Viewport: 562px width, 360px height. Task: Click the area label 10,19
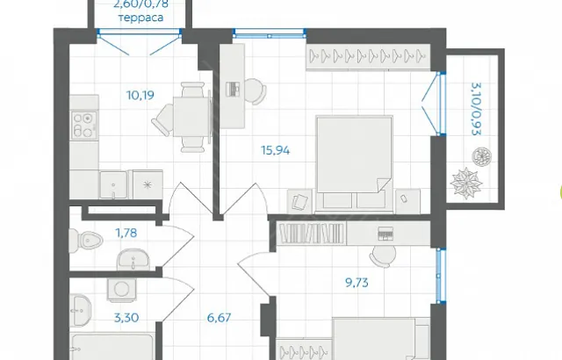pos(140,96)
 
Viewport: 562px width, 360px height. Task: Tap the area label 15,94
pos(275,150)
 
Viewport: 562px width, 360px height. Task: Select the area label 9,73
pos(357,283)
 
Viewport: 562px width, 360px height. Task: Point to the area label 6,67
pos(219,318)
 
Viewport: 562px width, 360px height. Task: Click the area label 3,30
pos(126,318)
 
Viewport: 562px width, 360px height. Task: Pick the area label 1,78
pos(126,233)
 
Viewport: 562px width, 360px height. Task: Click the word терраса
pos(140,18)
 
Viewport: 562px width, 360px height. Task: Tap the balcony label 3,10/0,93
pos(476,109)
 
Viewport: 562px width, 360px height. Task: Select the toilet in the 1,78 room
pos(86,240)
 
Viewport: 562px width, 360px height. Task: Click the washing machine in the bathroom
pos(121,290)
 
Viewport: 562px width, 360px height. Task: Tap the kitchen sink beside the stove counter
pos(113,184)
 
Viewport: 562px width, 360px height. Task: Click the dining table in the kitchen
pos(191,116)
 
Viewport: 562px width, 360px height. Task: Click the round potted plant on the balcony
pos(481,156)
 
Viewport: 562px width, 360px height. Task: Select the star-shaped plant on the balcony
pos(467,183)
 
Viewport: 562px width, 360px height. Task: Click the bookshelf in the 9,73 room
pos(312,234)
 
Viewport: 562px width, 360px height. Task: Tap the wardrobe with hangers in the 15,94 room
pos(368,56)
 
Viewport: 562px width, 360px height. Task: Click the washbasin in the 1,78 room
pos(133,259)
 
